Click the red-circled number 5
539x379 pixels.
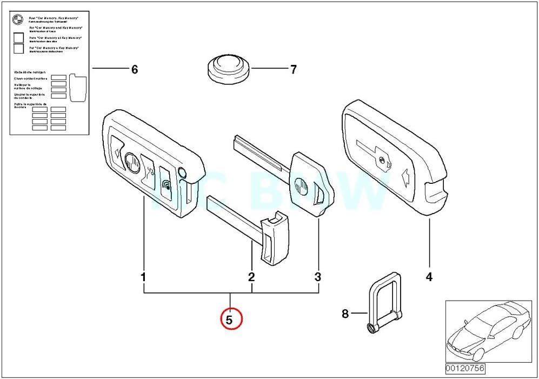pos(229,320)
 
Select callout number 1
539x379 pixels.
pos(144,277)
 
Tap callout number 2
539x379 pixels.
pos(251,277)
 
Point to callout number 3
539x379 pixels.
pos(318,277)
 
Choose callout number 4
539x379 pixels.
pos(429,277)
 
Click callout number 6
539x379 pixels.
pos(135,69)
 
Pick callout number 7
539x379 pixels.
pos(294,69)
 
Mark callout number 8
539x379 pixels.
pos(345,314)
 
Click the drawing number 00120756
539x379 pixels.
pos(465,369)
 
